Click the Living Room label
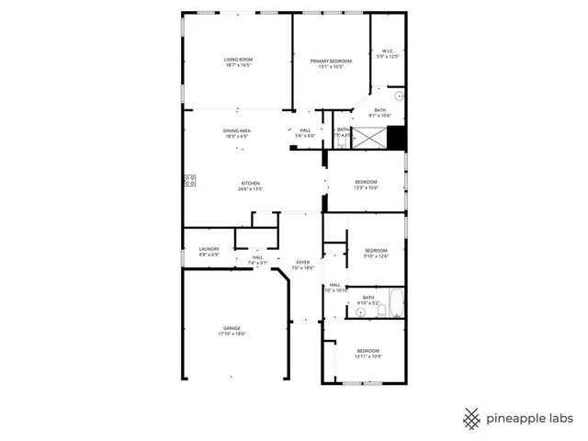tap(238, 63)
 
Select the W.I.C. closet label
tap(389, 53)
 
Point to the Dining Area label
tap(237, 133)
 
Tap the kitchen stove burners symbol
tap(190, 180)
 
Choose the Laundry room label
tap(209, 251)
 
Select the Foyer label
tap(303, 265)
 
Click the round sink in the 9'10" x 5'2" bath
tap(361, 311)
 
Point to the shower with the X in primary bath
tap(369, 138)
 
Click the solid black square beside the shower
tap(396, 137)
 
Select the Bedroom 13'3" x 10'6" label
tap(366, 185)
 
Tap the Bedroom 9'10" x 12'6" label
tap(377, 253)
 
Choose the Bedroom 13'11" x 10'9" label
tap(367, 353)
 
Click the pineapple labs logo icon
tap(471, 418)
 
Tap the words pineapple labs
tap(530, 418)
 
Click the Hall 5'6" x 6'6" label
tap(304, 132)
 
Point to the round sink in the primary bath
tap(399, 96)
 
